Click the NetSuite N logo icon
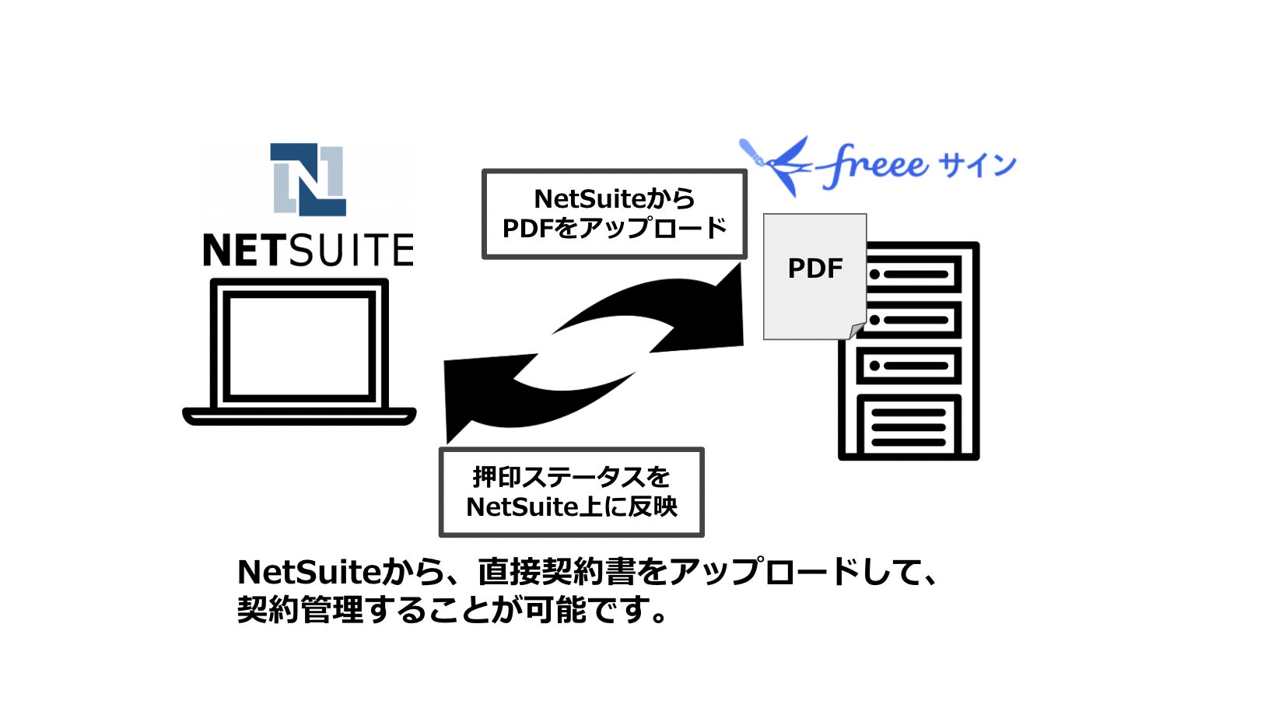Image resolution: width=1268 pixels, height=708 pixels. point(308,179)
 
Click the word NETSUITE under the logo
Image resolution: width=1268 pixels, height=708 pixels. point(308,251)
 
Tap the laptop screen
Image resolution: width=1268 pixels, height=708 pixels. point(299,346)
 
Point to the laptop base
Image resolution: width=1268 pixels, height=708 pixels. point(299,416)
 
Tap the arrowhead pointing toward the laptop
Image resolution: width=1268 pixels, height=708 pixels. point(467,397)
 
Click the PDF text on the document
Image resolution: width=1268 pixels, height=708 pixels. point(814,268)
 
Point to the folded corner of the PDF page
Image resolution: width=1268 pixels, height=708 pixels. point(856,331)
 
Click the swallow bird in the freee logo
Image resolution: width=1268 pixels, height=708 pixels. point(778,165)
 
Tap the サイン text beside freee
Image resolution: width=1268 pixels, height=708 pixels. point(977,165)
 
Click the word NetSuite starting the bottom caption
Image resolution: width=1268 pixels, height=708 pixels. point(307,573)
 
